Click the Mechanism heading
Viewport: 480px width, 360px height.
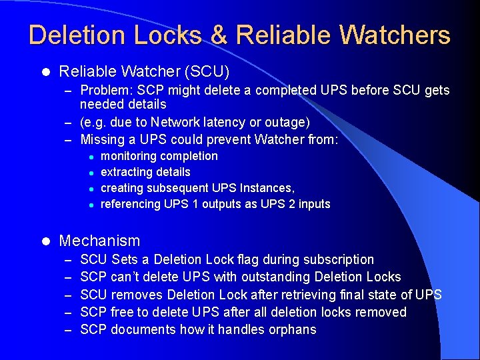coord(99,241)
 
